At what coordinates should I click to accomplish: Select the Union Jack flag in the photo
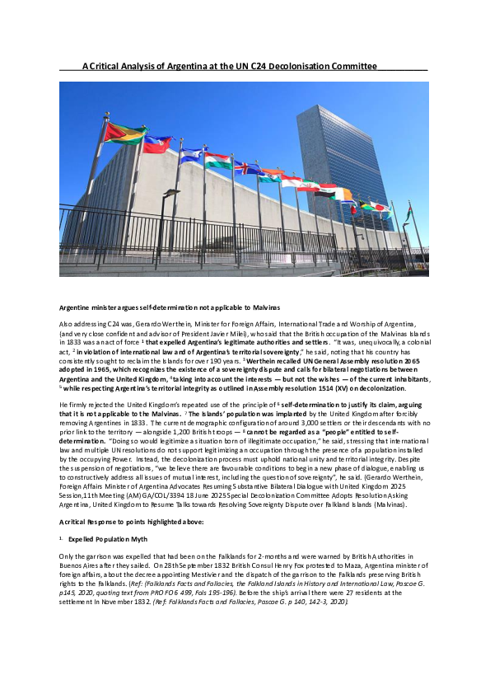[247, 167]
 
